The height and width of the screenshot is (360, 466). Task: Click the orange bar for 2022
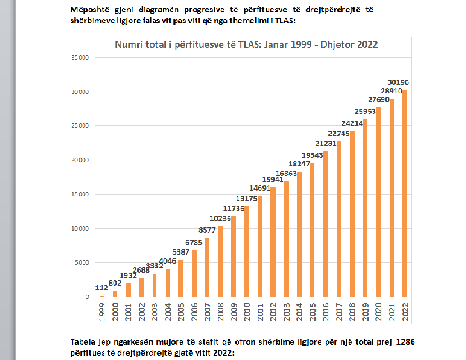(404, 194)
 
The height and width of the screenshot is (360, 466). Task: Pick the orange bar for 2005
(181, 278)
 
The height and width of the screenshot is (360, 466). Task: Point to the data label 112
(102, 288)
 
